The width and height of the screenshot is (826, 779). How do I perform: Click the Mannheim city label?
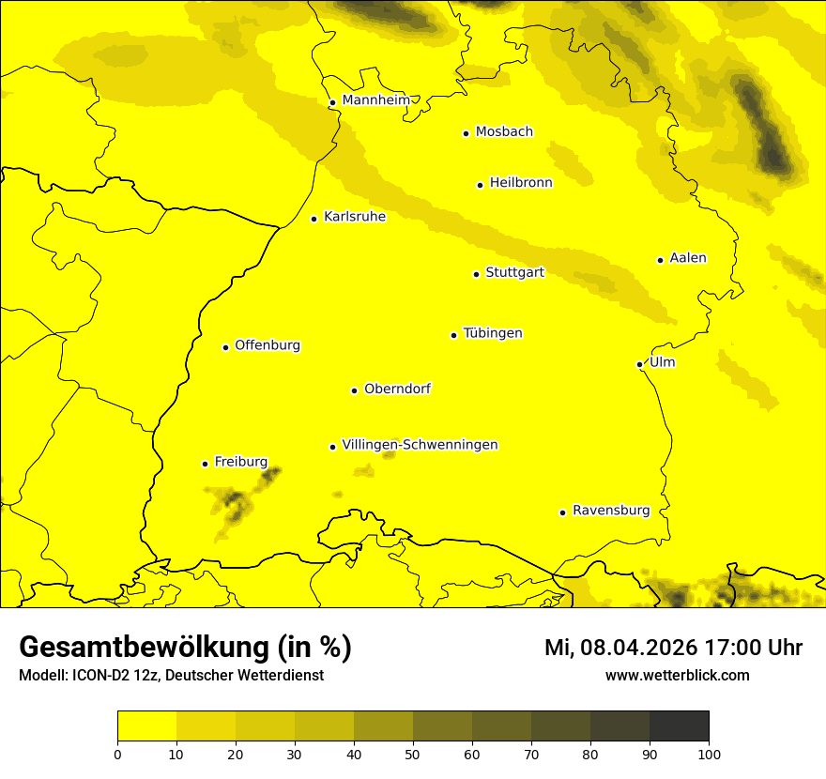pos(375,100)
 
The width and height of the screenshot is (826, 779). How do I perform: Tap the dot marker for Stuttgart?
pos(476,274)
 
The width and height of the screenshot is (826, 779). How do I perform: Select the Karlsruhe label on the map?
pos(354,217)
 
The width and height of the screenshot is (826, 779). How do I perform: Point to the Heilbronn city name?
pos(521,183)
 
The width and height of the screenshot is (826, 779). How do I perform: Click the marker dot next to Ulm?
pos(639,364)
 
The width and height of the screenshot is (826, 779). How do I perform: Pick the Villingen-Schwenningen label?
pos(420,445)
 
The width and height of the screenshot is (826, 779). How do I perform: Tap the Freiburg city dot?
pos(205,464)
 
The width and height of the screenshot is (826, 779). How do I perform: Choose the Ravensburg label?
pos(611,511)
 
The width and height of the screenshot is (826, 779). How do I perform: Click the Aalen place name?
pos(688,258)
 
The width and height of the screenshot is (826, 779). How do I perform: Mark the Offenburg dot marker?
pos(225,347)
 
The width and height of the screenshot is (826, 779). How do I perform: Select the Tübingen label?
pos(493,333)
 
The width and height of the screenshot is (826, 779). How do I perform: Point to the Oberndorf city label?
pos(397,389)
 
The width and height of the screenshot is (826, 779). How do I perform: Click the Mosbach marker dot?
pos(466,133)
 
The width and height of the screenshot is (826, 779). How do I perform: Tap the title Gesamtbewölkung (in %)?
pos(185,647)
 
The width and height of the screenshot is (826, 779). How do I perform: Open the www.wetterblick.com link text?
pos(677,675)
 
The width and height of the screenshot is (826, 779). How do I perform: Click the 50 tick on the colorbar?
pos(413,753)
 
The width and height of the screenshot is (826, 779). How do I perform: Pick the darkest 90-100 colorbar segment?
pos(679,726)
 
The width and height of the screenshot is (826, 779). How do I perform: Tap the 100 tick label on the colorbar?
pos(709,753)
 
